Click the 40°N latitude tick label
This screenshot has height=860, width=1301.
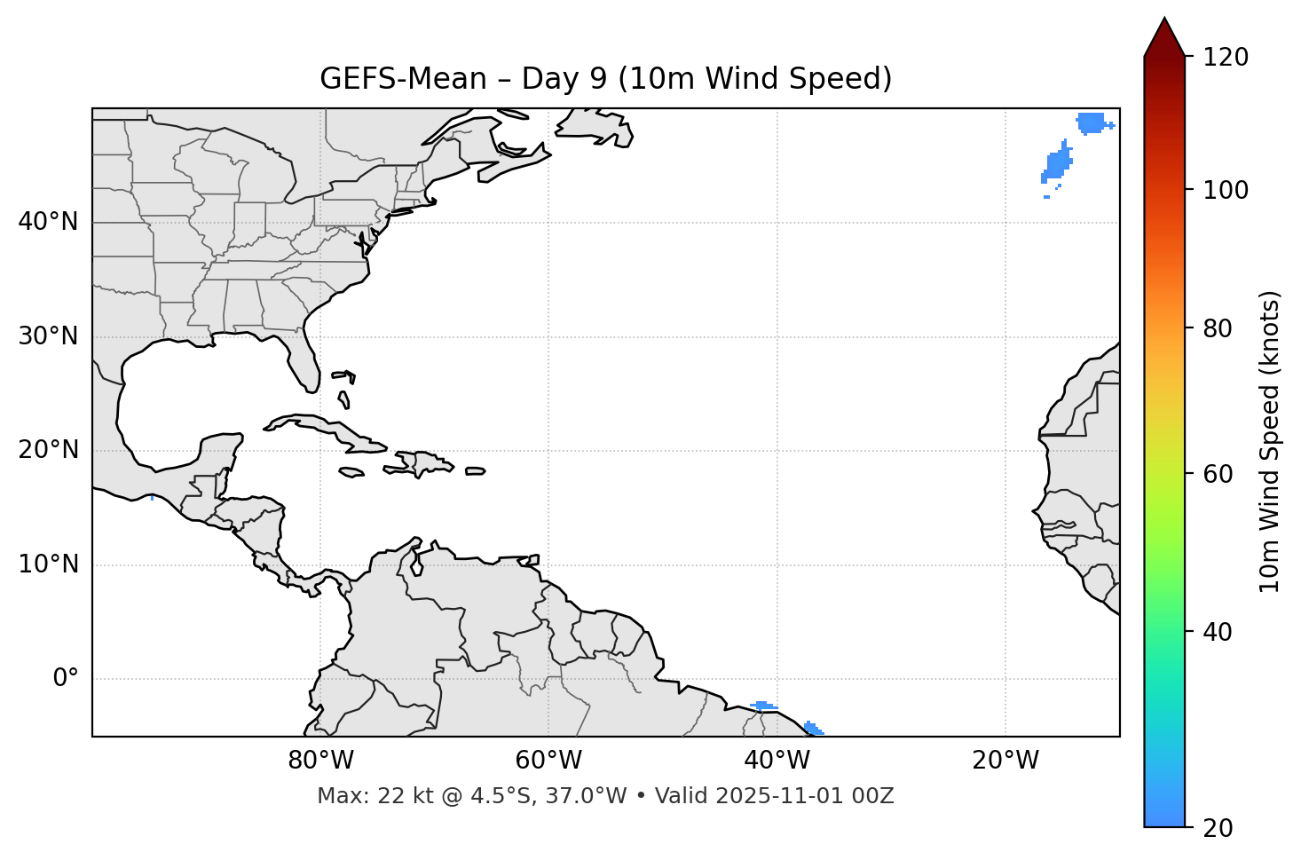(x=48, y=222)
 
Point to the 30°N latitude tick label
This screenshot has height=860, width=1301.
(x=48, y=336)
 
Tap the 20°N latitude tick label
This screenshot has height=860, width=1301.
(x=48, y=451)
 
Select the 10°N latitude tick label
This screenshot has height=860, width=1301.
(x=48, y=564)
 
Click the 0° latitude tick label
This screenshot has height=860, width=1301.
(x=66, y=679)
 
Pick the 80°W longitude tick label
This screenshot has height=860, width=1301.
(x=320, y=761)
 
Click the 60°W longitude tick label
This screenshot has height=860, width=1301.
(x=548, y=761)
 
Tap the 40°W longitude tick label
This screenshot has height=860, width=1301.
(x=777, y=761)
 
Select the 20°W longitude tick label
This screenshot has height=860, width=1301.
(x=1005, y=761)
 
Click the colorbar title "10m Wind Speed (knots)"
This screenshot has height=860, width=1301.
(x=1270, y=441)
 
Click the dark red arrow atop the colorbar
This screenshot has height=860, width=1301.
(x=1163, y=38)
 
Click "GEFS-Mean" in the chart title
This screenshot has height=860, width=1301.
(x=403, y=79)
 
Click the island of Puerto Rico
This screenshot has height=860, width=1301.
(x=475, y=471)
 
